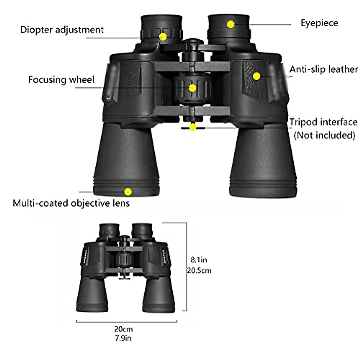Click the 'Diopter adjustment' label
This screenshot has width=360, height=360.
coord(62,30)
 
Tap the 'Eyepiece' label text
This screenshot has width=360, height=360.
coord(319,23)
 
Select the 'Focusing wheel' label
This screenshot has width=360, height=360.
coord(61,80)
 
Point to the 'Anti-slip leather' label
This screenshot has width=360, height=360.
coord(324,70)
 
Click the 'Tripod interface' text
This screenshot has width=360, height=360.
coord(323,122)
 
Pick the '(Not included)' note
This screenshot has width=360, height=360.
coord(324,135)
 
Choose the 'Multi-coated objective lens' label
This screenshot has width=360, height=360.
coord(71,203)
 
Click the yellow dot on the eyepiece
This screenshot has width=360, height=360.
coord(230,25)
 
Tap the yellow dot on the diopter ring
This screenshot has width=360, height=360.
coord(163,37)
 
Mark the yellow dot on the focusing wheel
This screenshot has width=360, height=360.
coord(192,88)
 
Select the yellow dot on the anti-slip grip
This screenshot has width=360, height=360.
coord(256,76)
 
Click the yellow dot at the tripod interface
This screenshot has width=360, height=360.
coord(193,127)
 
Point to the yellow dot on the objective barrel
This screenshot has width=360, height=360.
coord(128,191)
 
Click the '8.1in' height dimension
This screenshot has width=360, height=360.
coord(199,259)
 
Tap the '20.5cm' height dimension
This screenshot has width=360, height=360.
coord(199,270)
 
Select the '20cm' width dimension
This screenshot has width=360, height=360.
coord(123,329)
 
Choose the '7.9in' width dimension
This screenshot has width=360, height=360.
coord(123,338)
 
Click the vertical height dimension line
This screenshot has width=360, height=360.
coord(186,267)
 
